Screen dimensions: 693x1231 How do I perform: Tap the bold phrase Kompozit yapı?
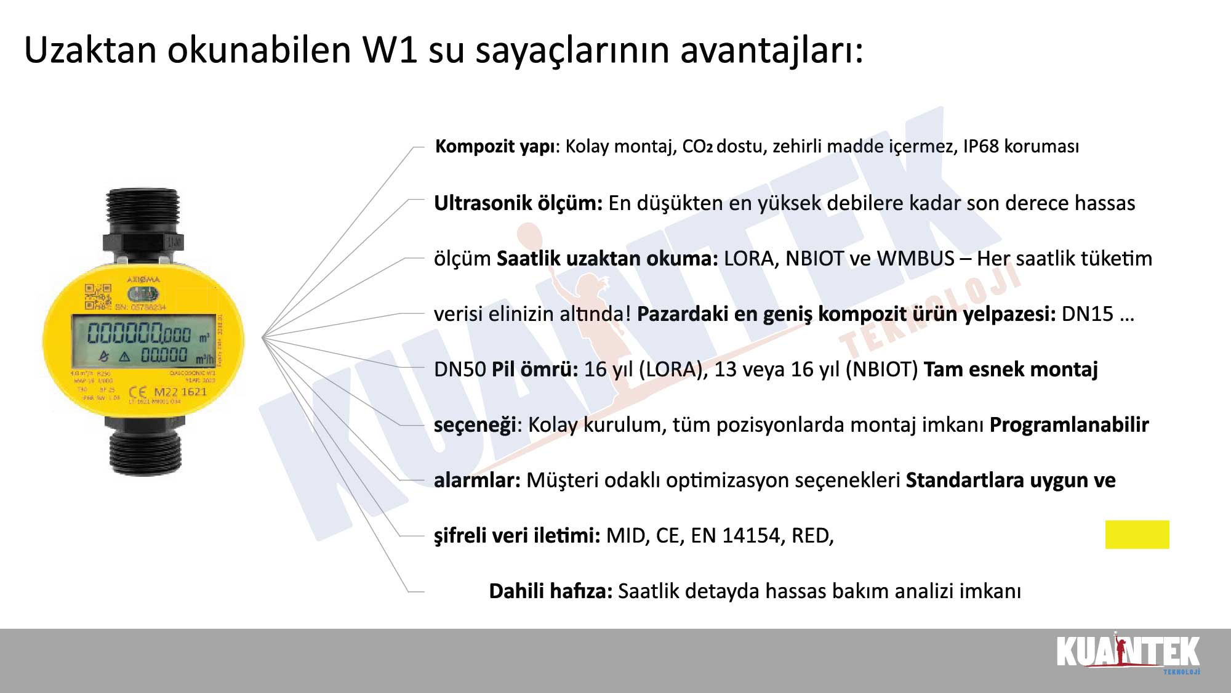[495, 147]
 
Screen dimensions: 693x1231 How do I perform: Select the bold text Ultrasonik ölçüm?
[518, 203]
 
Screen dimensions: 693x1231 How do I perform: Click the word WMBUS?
[915, 259]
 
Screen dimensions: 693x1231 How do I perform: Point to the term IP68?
[980, 147]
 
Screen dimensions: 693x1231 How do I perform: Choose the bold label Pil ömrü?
[535, 370]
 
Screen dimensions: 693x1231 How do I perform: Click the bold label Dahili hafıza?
[550, 591]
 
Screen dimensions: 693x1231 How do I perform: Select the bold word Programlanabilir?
[1069, 425]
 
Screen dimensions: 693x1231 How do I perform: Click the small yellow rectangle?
[1137, 535]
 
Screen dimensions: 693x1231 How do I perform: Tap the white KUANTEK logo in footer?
[1128, 653]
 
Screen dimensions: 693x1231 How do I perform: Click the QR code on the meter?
[98, 296]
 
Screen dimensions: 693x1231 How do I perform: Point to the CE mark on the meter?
[138, 392]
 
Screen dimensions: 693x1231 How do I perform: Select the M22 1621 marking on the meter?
[180, 392]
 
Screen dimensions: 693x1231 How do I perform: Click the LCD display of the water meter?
[143, 341]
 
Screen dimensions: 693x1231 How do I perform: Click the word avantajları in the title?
[772, 51]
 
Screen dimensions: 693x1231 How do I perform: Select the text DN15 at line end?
[1088, 314]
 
